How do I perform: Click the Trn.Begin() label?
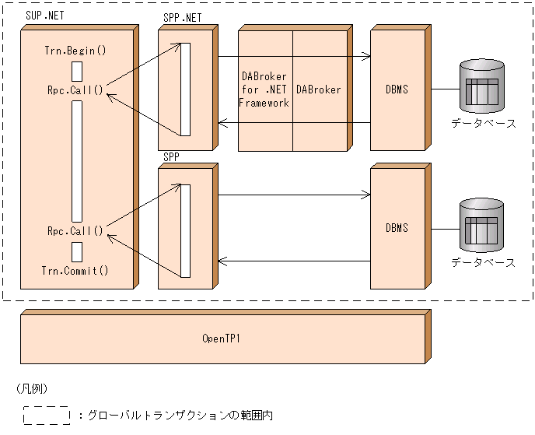pos(75,51)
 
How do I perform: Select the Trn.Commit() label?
pos(75,271)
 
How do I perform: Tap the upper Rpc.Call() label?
pos(75,89)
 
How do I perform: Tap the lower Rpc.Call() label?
pos(75,231)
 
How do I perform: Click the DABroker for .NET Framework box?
pos(265,90)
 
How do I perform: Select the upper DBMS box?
pos(397,90)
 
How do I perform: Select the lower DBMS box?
pos(397,228)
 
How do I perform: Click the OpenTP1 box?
pos(222,339)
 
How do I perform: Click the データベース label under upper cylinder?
pos(484,124)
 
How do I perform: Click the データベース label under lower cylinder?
pos(484,263)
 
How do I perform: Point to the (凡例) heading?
pos(32,388)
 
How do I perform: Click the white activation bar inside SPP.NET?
pos(186,89)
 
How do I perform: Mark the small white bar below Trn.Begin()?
pos(77,71)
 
